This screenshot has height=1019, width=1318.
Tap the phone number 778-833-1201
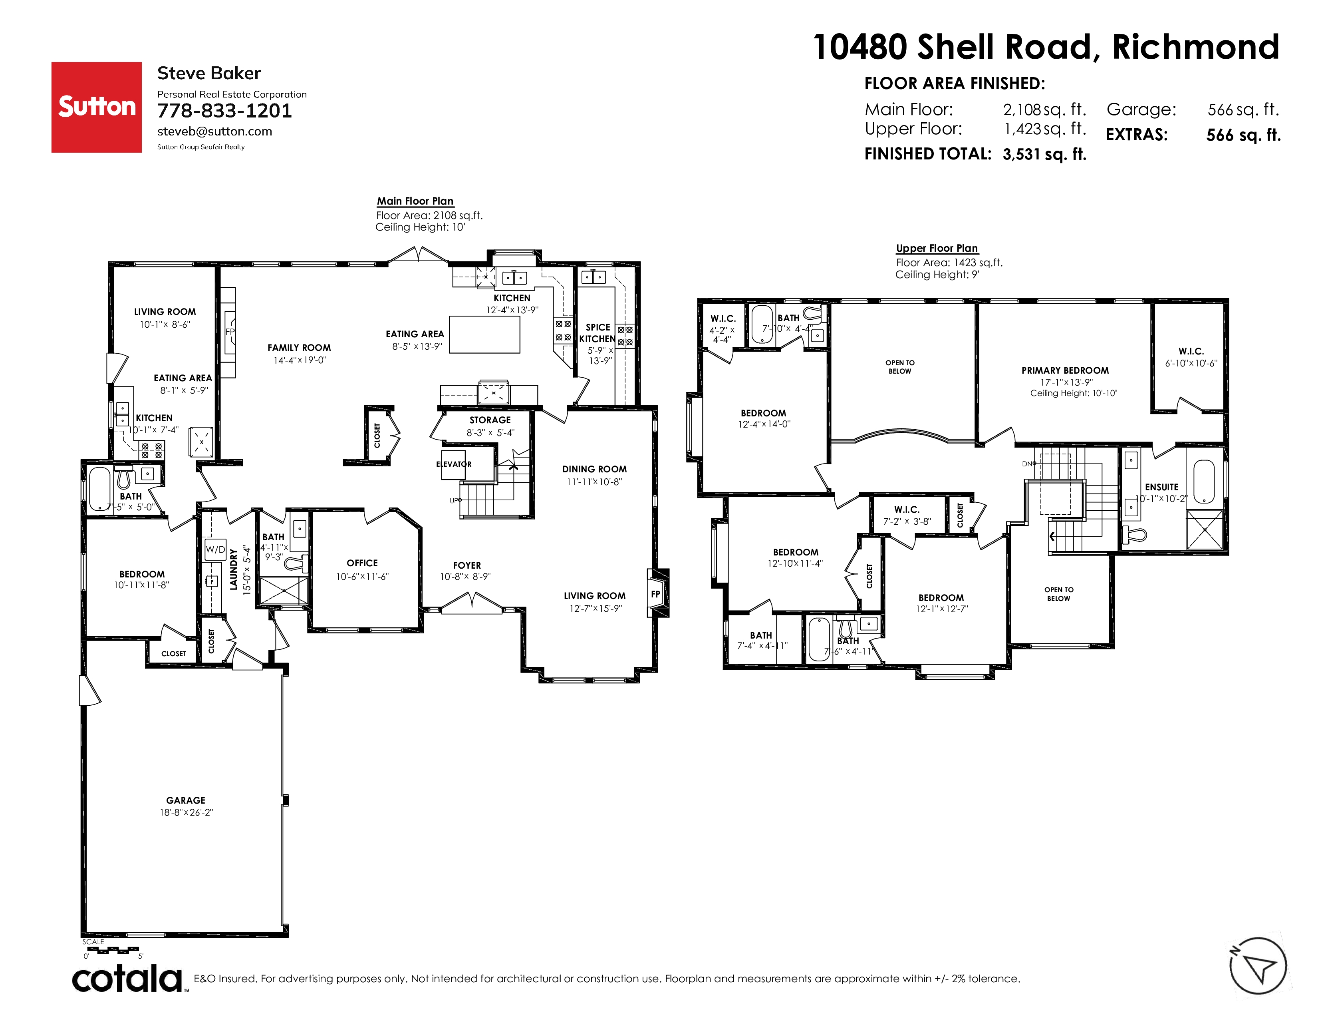pyautogui.click(x=224, y=111)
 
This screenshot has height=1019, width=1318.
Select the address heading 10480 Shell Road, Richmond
pyautogui.click(x=1046, y=47)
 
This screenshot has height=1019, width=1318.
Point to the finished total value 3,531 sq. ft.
pyautogui.click(x=1045, y=155)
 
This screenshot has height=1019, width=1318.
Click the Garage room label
pyautogui.click(x=186, y=800)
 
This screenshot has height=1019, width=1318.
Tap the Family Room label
pyautogui.click(x=299, y=348)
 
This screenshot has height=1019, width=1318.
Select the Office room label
pyautogui.click(x=362, y=563)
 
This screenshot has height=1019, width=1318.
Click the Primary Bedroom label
pyautogui.click(x=1065, y=371)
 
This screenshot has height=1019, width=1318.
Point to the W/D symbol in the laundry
pyautogui.click(x=215, y=549)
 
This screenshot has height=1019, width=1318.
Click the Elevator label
pyautogui.click(x=454, y=464)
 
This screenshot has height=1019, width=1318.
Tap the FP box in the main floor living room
pyautogui.click(x=656, y=594)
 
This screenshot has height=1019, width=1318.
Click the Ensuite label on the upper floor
pyautogui.click(x=1162, y=487)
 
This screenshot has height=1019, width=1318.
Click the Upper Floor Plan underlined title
pyautogui.click(x=937, y=249)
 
